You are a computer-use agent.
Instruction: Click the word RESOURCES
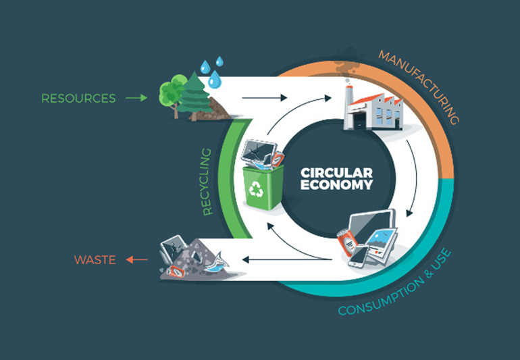78,98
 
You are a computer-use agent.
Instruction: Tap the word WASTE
94,259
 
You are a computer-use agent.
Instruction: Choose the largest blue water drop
214,80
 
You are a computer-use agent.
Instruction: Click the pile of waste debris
192,260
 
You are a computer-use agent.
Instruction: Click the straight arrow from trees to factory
260,98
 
